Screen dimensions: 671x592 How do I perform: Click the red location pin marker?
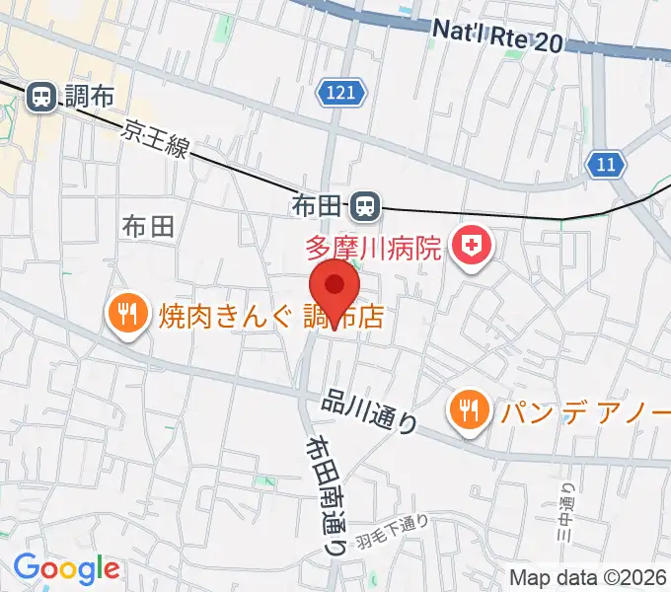point(335,289)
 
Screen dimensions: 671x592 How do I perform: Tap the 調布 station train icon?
point(42,97)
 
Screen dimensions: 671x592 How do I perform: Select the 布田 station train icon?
point(365,206)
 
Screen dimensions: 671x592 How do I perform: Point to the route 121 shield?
point(342,94)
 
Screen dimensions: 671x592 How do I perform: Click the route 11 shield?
point(605,163)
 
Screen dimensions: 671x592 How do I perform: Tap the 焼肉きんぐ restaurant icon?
point(126,315)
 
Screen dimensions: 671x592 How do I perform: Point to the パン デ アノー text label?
point(583,410)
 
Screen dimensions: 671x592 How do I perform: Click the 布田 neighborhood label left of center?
point(149,226)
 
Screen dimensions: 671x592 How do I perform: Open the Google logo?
point(66,568)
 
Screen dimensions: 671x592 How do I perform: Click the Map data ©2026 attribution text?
point(587,577)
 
